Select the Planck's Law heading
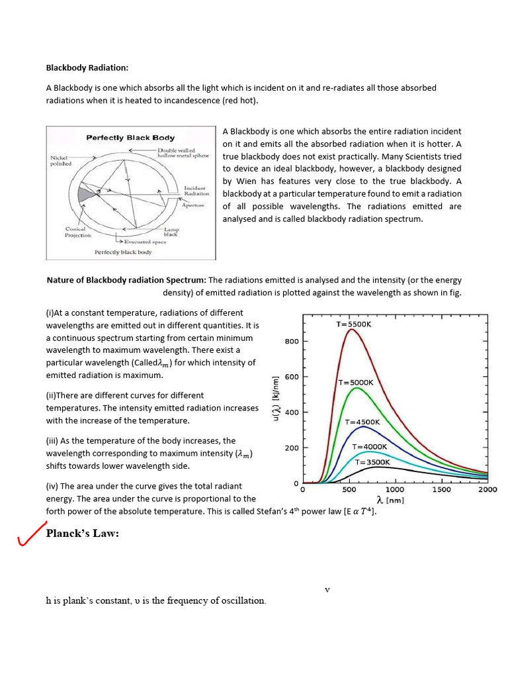(x=83, y=534)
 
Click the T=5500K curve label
(x=354, y=324)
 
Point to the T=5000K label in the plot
(x=356, y=382)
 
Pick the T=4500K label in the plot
(x=362, y=421)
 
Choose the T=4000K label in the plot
(x=369, y=447)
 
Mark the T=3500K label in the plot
(x=372, y=462)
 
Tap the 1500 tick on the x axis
(x=441, y=490)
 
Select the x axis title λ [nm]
(x=390, y=500)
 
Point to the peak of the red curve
(x=351, y=329)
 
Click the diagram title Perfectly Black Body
(x=130, y=138)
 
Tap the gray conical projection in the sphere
(x=85, y=195)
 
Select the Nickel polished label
(x=62, y=161)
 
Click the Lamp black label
(x=171, y=232)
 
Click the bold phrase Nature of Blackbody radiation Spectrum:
(x=126, y=281)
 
